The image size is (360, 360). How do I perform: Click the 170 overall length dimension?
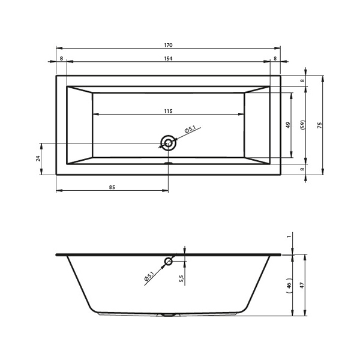(168, 45)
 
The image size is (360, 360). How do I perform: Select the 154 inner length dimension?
(168, 58)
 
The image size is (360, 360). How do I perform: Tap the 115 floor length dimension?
(168, 111)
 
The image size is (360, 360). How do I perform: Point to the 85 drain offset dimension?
(112, 187)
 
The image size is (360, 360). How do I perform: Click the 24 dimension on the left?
(38, 158)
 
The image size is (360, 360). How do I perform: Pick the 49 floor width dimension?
(288, 125)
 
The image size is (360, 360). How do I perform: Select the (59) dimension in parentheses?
(303, 125)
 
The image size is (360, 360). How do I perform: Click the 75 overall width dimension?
(320, 125)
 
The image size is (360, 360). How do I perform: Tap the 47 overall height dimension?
(302, 285)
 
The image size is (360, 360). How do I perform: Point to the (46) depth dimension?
(289, 286)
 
